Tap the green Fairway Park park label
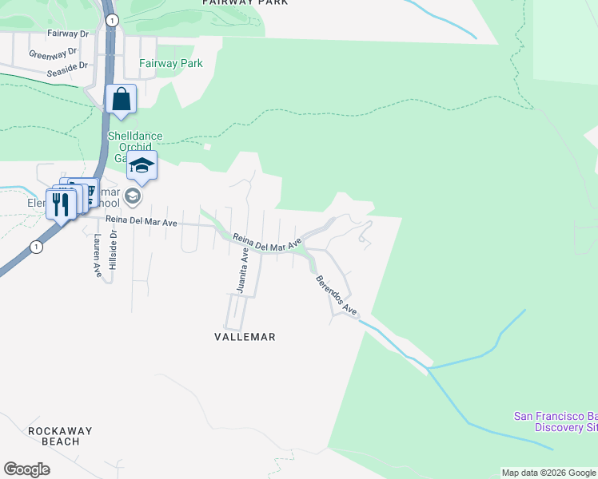click(170, 63)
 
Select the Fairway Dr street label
click(67, 34)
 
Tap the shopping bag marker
click(121, 100)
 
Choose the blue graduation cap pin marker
click(142, 166)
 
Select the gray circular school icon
click(132, 196)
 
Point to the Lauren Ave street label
click(97, 255)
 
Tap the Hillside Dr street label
click(114, 248)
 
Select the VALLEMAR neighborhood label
click(245, 337)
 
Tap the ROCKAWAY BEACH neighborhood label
click(60, 436)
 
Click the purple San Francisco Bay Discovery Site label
click(555, 421)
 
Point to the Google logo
click(26, 469)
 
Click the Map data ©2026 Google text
click(548, 473)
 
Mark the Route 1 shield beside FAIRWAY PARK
click(111, 20)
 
